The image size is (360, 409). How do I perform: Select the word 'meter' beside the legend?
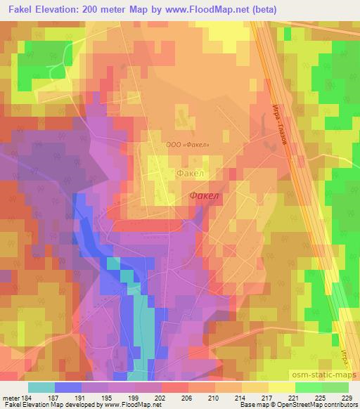[9, 397]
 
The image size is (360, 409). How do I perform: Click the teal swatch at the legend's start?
[42, 387]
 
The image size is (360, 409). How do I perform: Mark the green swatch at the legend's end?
[335, 387]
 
